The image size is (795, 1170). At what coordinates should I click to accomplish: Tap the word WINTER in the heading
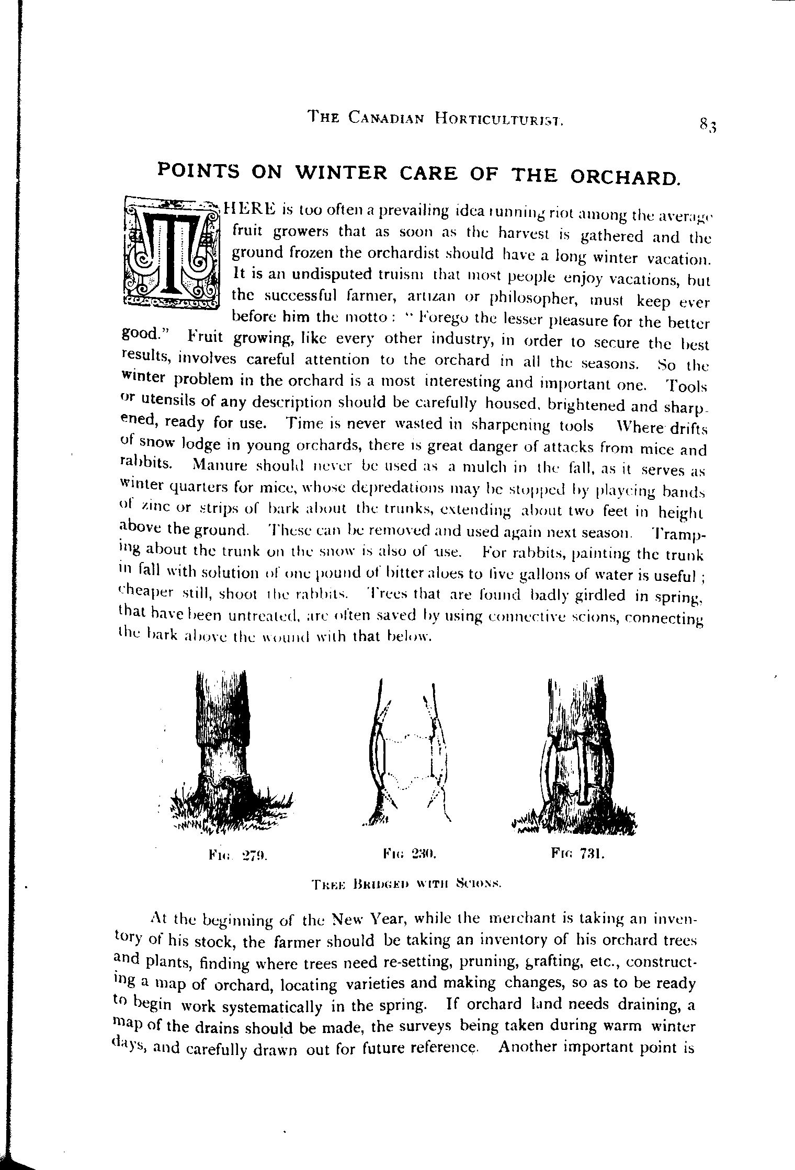click(x=340, y=174)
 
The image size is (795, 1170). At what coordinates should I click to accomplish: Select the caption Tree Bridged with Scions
click(x=406, y=885)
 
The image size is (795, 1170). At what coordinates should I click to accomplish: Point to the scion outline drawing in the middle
click(x=411, y=752)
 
